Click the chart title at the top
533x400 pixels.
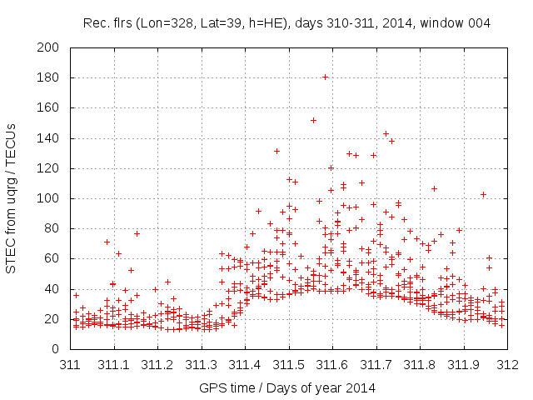pos(287,22)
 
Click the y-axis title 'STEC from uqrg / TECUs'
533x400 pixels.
pos(11,197)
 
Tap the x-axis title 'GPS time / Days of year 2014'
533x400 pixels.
pos(287,387)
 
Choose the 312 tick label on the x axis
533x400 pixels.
pos(508,364)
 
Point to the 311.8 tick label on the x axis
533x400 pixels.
pos(421,364)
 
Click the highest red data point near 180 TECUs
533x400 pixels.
pos(325,77)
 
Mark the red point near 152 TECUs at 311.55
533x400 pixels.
pos(313,120)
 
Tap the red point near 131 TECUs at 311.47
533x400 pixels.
pos(276,151)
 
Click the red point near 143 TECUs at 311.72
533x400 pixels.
pos(386,133)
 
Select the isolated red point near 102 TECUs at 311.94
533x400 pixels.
pos(483,194)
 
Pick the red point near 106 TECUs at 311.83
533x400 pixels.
pos(434,188)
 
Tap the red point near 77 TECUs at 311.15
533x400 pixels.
pos(137,233)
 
